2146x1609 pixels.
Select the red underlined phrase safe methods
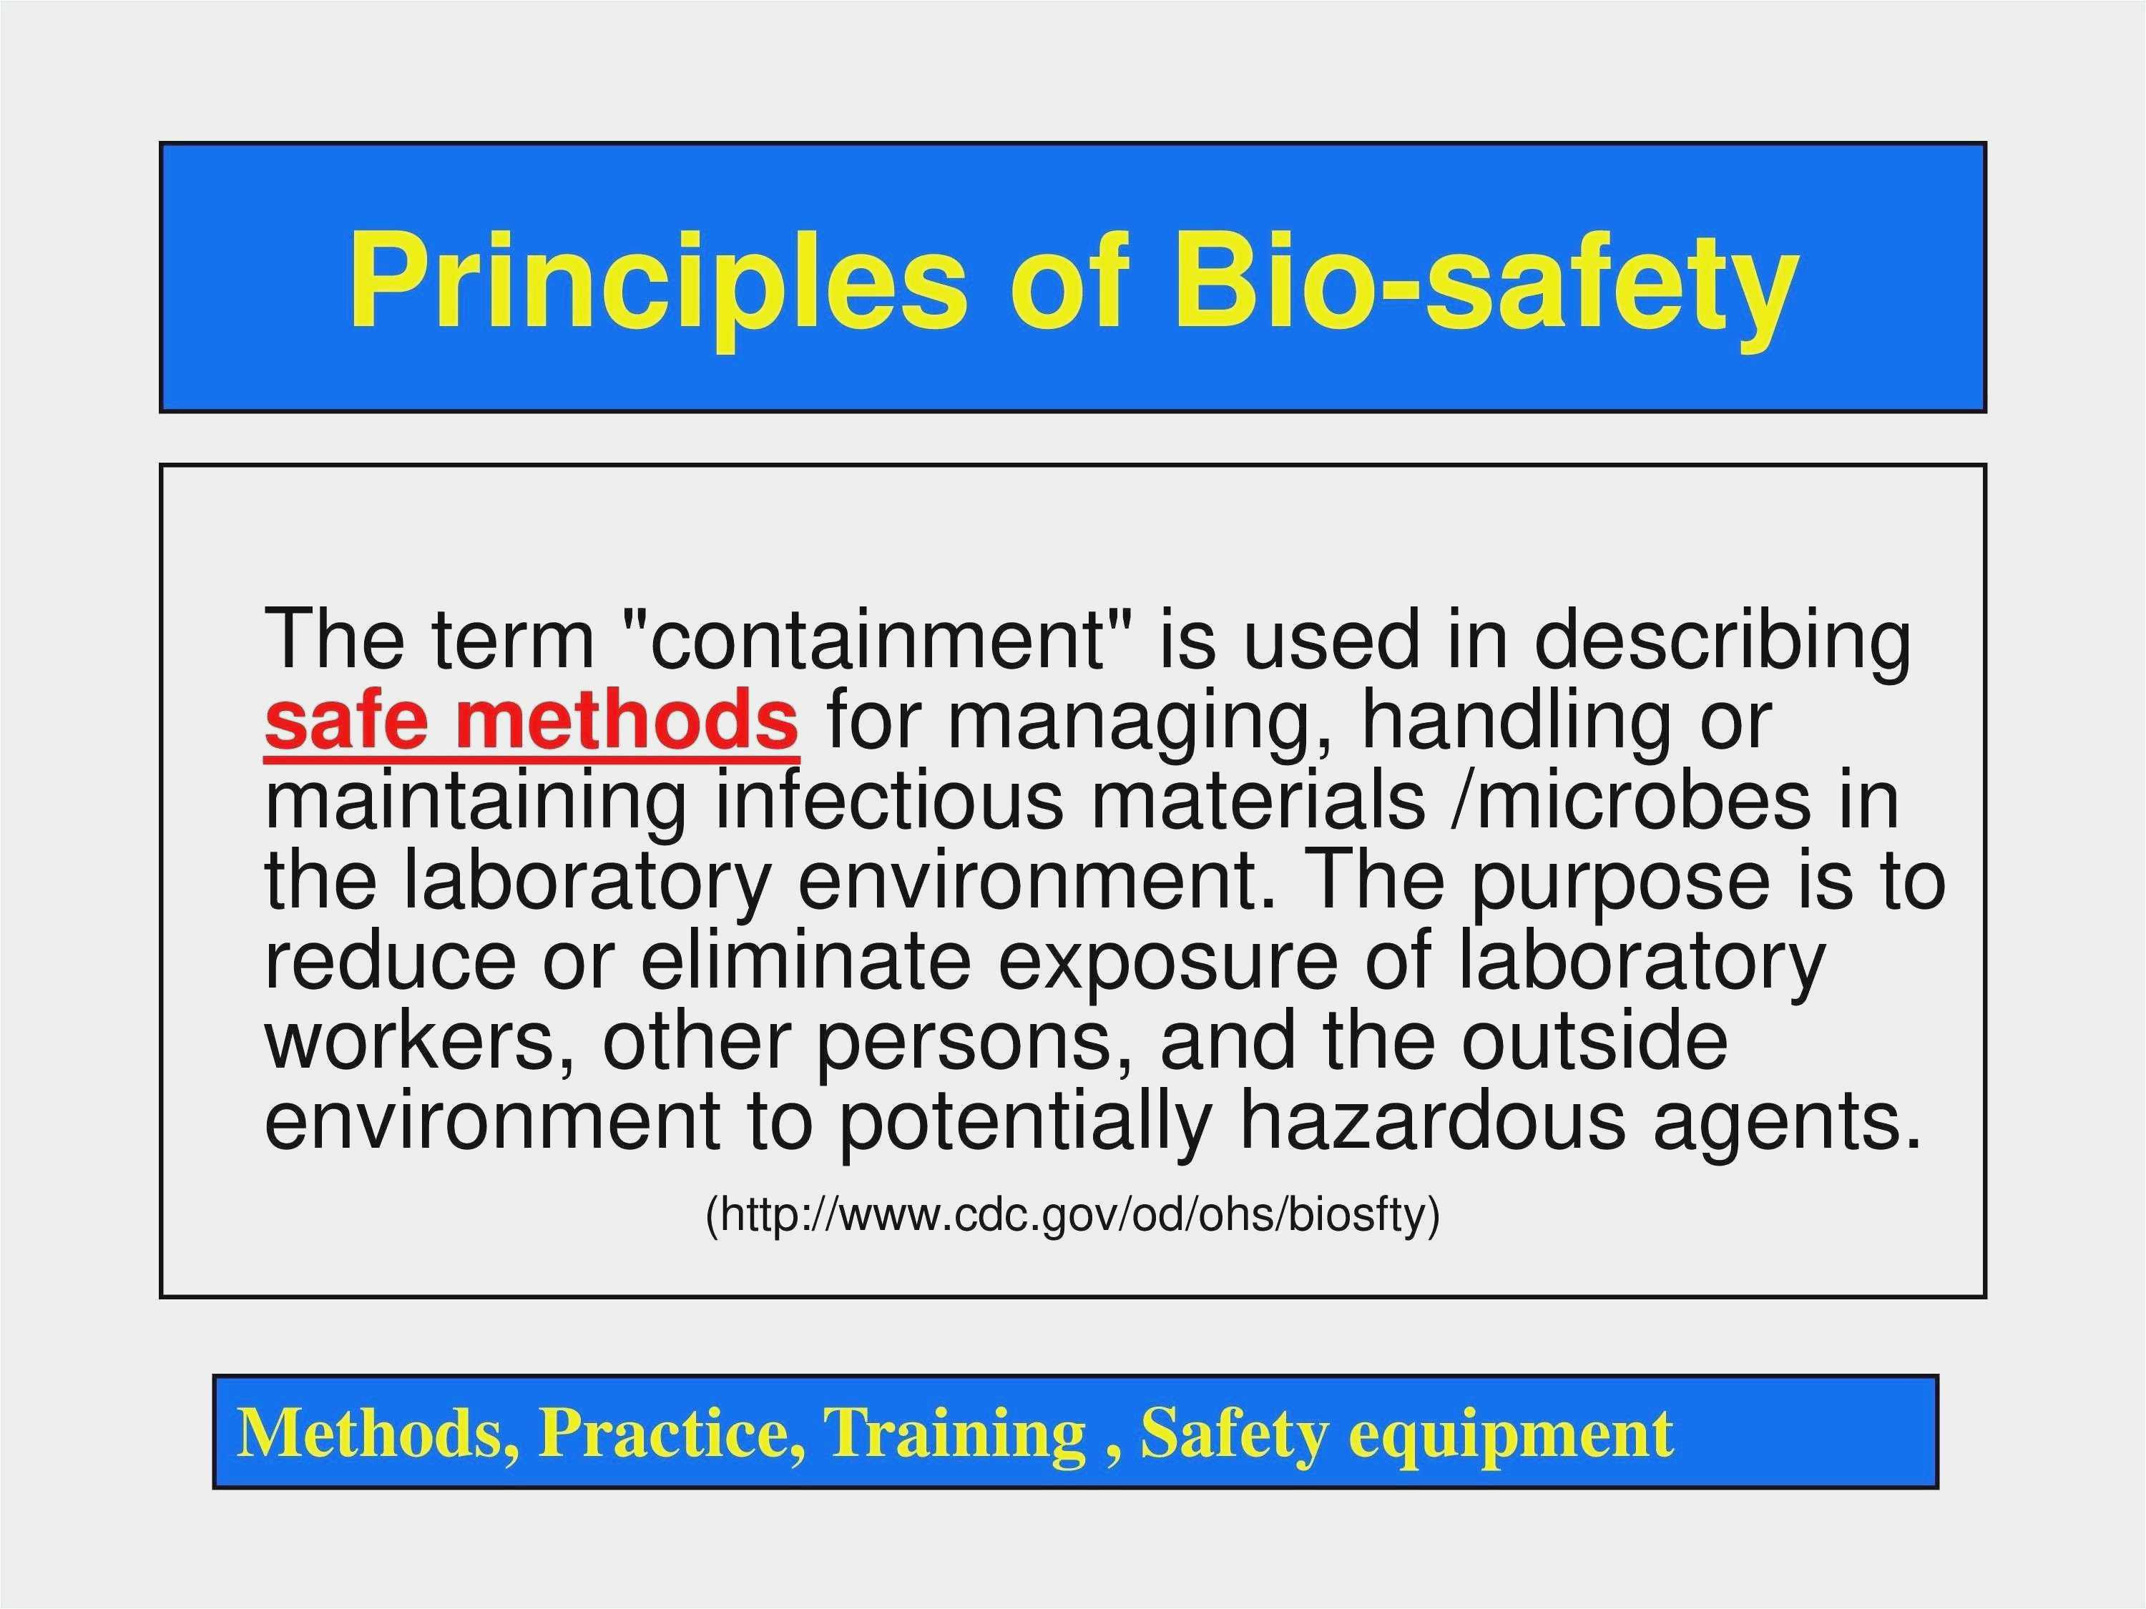click(531, 719)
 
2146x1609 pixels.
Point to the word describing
click(1723, 643)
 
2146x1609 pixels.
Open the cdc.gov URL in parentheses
click(1073, 1215)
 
